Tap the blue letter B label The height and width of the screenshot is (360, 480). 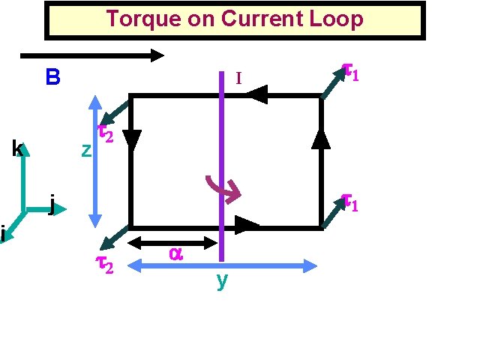point(52,77)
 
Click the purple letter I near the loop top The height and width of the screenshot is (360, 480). point(238,78)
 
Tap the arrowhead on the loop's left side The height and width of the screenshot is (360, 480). point(132,139)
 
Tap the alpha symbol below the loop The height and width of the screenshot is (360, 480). point(175,254)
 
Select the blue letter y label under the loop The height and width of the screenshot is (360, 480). point(221,280)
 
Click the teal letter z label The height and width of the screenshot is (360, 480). point(86,151)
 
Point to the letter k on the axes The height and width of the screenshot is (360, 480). point(16,148)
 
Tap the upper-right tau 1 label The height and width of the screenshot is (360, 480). point(350,72)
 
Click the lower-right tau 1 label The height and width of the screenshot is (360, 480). point(350,202)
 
